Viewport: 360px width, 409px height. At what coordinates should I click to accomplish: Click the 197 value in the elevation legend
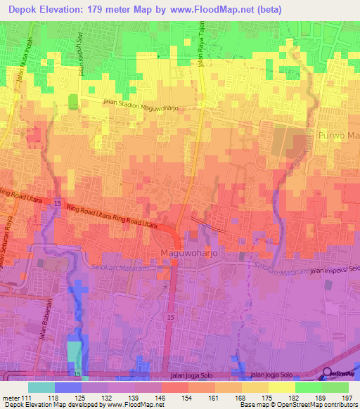click(347, 398)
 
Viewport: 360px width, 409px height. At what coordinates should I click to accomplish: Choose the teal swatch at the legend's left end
click(41, 387)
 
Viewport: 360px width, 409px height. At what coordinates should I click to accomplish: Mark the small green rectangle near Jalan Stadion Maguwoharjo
click(72, 100)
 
